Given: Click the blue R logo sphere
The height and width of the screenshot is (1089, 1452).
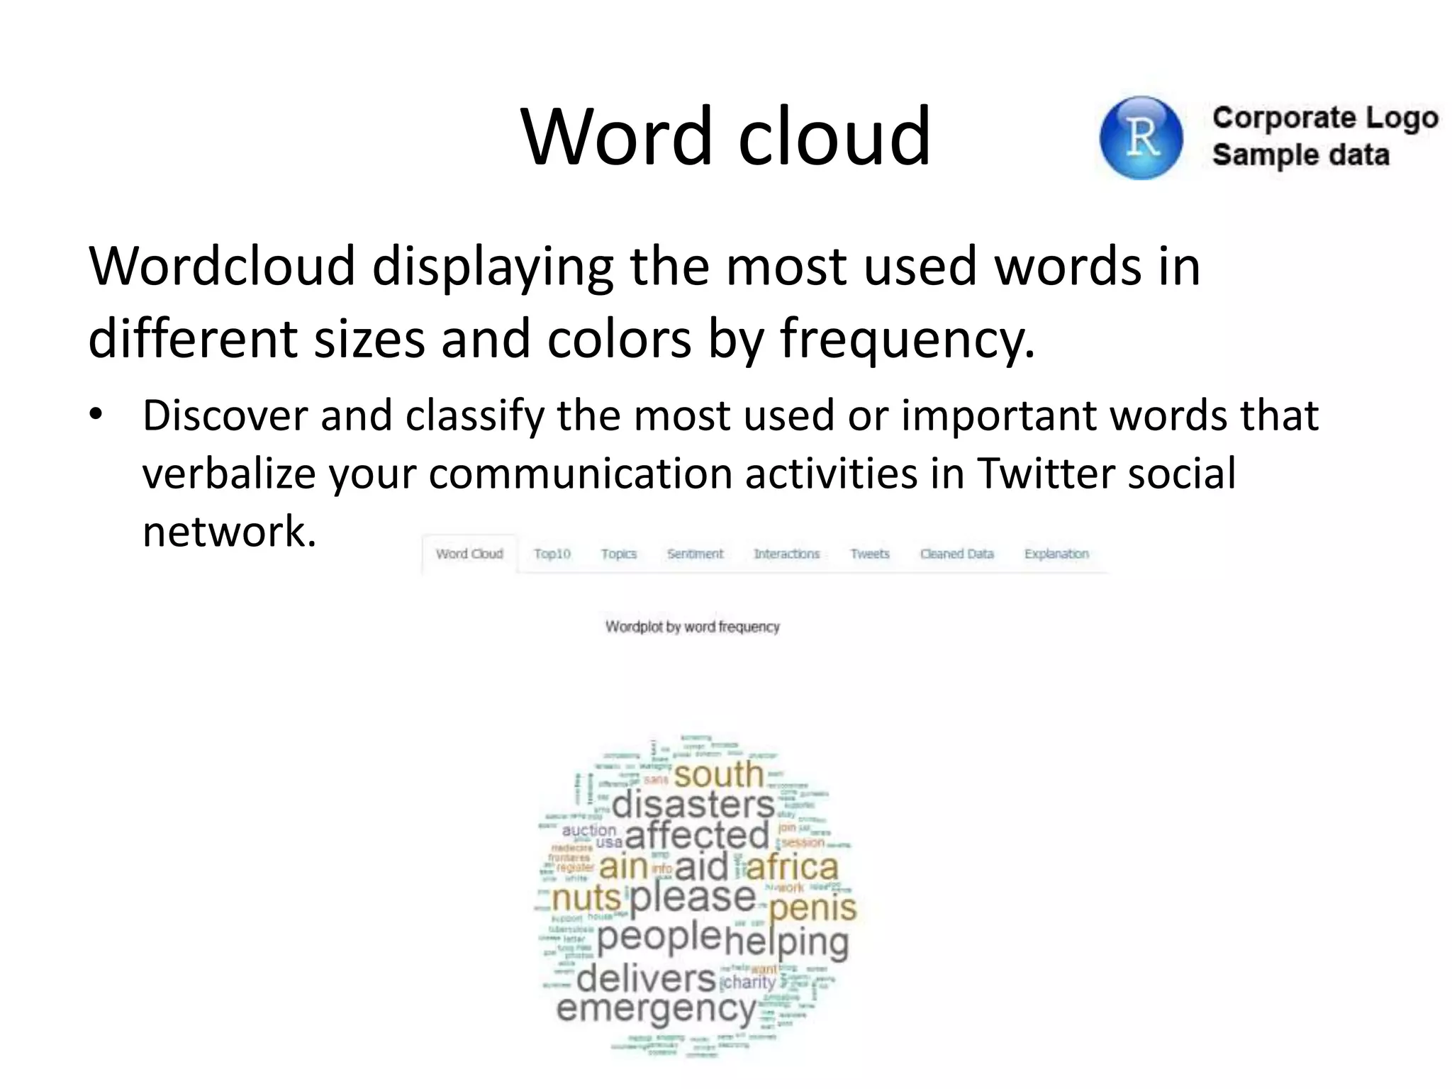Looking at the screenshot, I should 1141,138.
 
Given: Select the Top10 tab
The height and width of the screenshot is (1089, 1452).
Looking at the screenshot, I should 552,554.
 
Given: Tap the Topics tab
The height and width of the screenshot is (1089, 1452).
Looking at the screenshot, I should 618,554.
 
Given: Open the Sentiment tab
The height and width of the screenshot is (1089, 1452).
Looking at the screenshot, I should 695,554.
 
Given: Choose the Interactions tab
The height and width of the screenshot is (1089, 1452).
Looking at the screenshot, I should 786,554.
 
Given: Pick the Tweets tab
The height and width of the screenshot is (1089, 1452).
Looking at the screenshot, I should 869,554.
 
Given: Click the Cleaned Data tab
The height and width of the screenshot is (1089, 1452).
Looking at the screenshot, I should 956,554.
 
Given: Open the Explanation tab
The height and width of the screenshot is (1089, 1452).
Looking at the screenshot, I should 1056,554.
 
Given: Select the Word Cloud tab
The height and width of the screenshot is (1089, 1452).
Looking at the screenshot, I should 469,554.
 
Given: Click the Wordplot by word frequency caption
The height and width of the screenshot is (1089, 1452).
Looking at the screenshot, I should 692,627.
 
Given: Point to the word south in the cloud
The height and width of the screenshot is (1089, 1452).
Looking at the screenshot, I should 718,774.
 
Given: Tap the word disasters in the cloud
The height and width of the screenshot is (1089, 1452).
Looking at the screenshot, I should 693,805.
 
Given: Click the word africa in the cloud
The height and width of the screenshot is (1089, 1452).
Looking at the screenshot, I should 792,867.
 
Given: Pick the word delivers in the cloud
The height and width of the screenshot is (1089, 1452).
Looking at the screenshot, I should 646,979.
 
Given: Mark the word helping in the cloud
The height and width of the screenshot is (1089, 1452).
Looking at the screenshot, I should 786,942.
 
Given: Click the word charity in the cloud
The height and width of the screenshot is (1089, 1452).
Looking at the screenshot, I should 749,982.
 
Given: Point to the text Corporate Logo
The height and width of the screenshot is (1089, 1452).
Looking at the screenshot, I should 1324,118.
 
